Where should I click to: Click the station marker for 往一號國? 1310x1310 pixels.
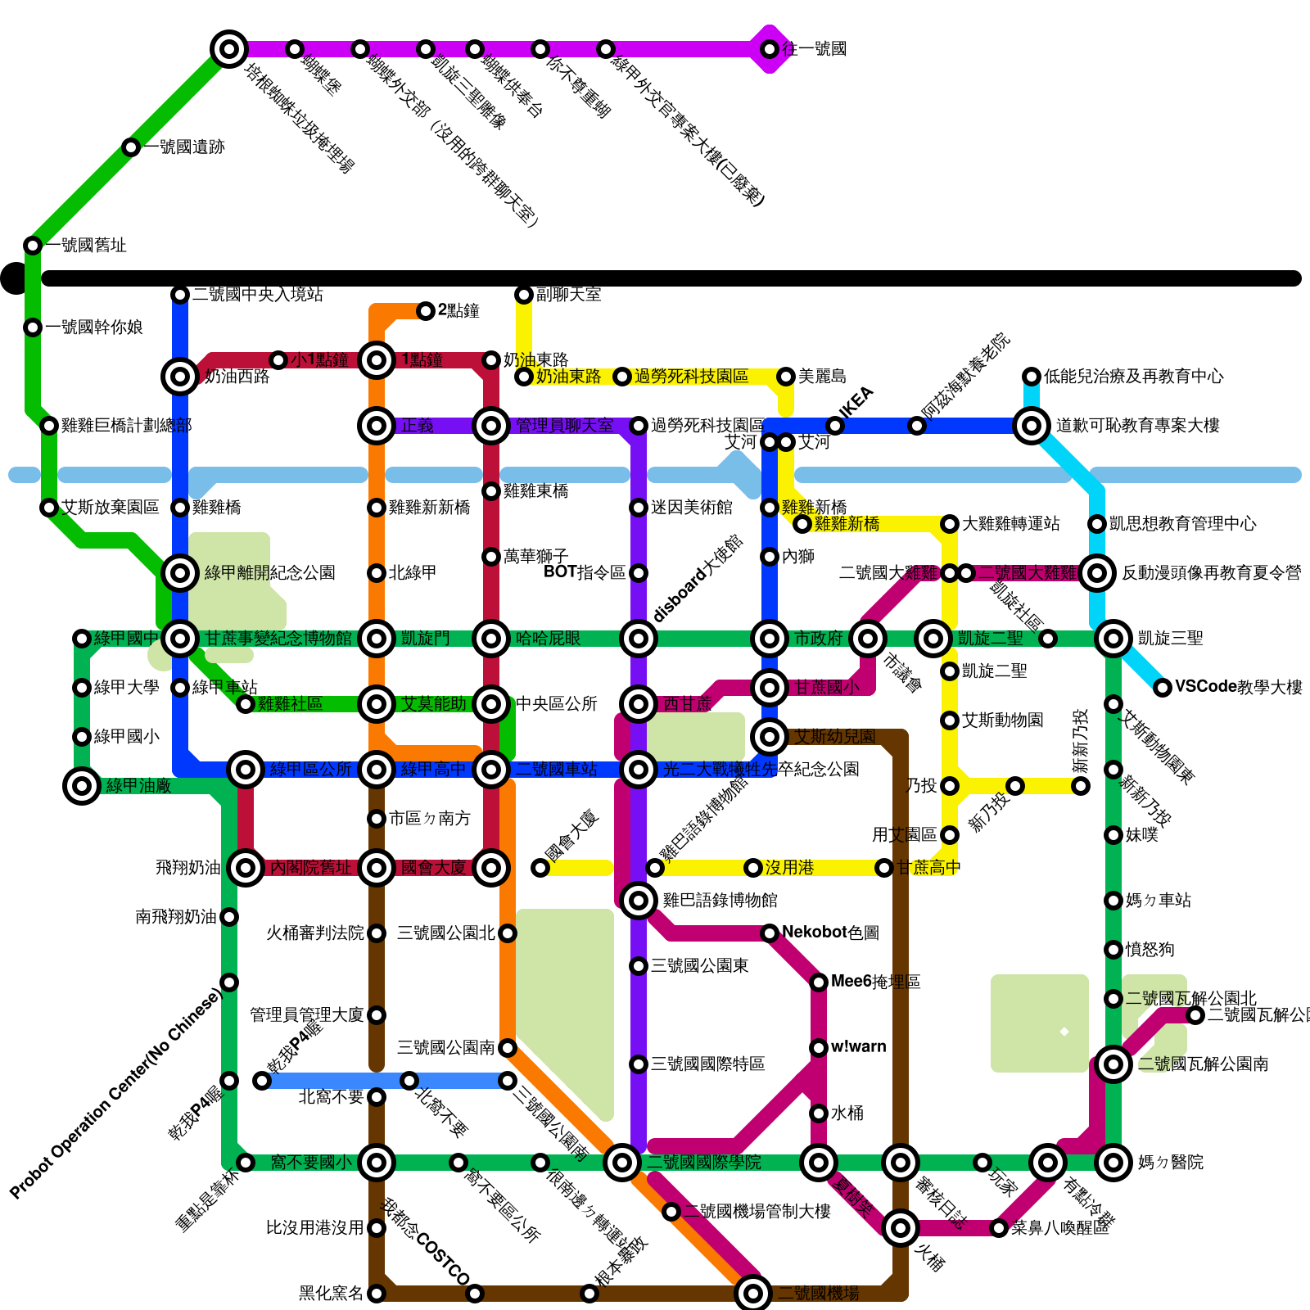770,49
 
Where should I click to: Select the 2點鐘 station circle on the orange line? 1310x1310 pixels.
426,310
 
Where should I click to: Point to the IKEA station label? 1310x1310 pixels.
857,402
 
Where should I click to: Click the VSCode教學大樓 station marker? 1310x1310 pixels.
1163,688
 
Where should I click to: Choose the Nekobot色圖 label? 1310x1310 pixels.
830,933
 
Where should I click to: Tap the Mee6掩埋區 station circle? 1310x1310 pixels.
819,982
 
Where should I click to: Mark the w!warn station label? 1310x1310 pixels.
858,1047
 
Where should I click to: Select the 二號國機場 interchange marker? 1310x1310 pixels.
753,1294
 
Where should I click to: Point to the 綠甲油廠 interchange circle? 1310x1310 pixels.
82,786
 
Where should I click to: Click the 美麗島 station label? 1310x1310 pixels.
822,377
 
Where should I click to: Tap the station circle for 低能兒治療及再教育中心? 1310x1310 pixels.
1032,377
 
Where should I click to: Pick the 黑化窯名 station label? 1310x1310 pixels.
331,1294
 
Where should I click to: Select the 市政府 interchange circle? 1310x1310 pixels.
770,639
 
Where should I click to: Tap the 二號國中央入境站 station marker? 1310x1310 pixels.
180,295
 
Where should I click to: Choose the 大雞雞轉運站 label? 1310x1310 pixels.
1010,524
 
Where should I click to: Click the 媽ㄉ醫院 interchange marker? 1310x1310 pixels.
1113,1163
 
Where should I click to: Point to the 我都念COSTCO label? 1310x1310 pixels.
427,1242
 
